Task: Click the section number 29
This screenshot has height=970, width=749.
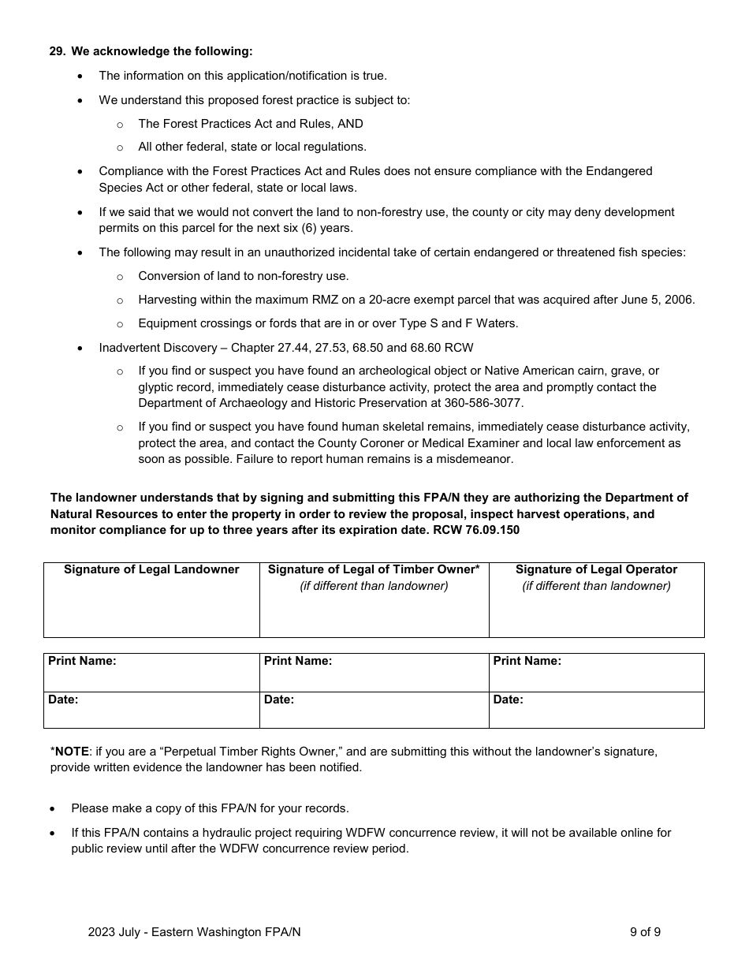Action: tap(57, 51)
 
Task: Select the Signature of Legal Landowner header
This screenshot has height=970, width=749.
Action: tap(151, 569)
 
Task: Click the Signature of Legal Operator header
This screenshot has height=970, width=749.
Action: tap(596, 569)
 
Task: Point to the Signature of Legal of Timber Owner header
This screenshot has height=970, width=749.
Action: tap(374, 569)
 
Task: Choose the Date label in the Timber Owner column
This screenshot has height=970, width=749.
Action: tap(279, 700)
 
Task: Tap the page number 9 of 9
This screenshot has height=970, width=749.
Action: tap(645, 932)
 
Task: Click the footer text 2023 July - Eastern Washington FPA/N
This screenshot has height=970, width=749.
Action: tap(194, 932)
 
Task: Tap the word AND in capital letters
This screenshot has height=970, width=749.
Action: tap(351, 124)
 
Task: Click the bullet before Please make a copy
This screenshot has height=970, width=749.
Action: tap(53, 809)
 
